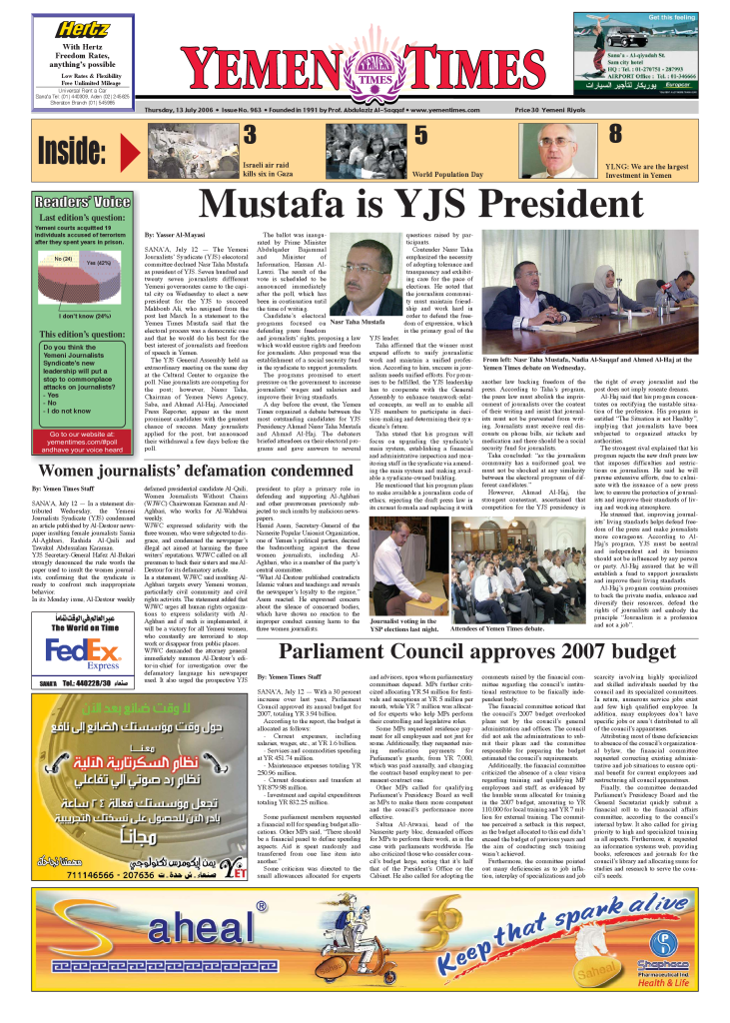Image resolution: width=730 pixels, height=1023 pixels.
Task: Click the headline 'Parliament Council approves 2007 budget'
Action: [x=476, y=652]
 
